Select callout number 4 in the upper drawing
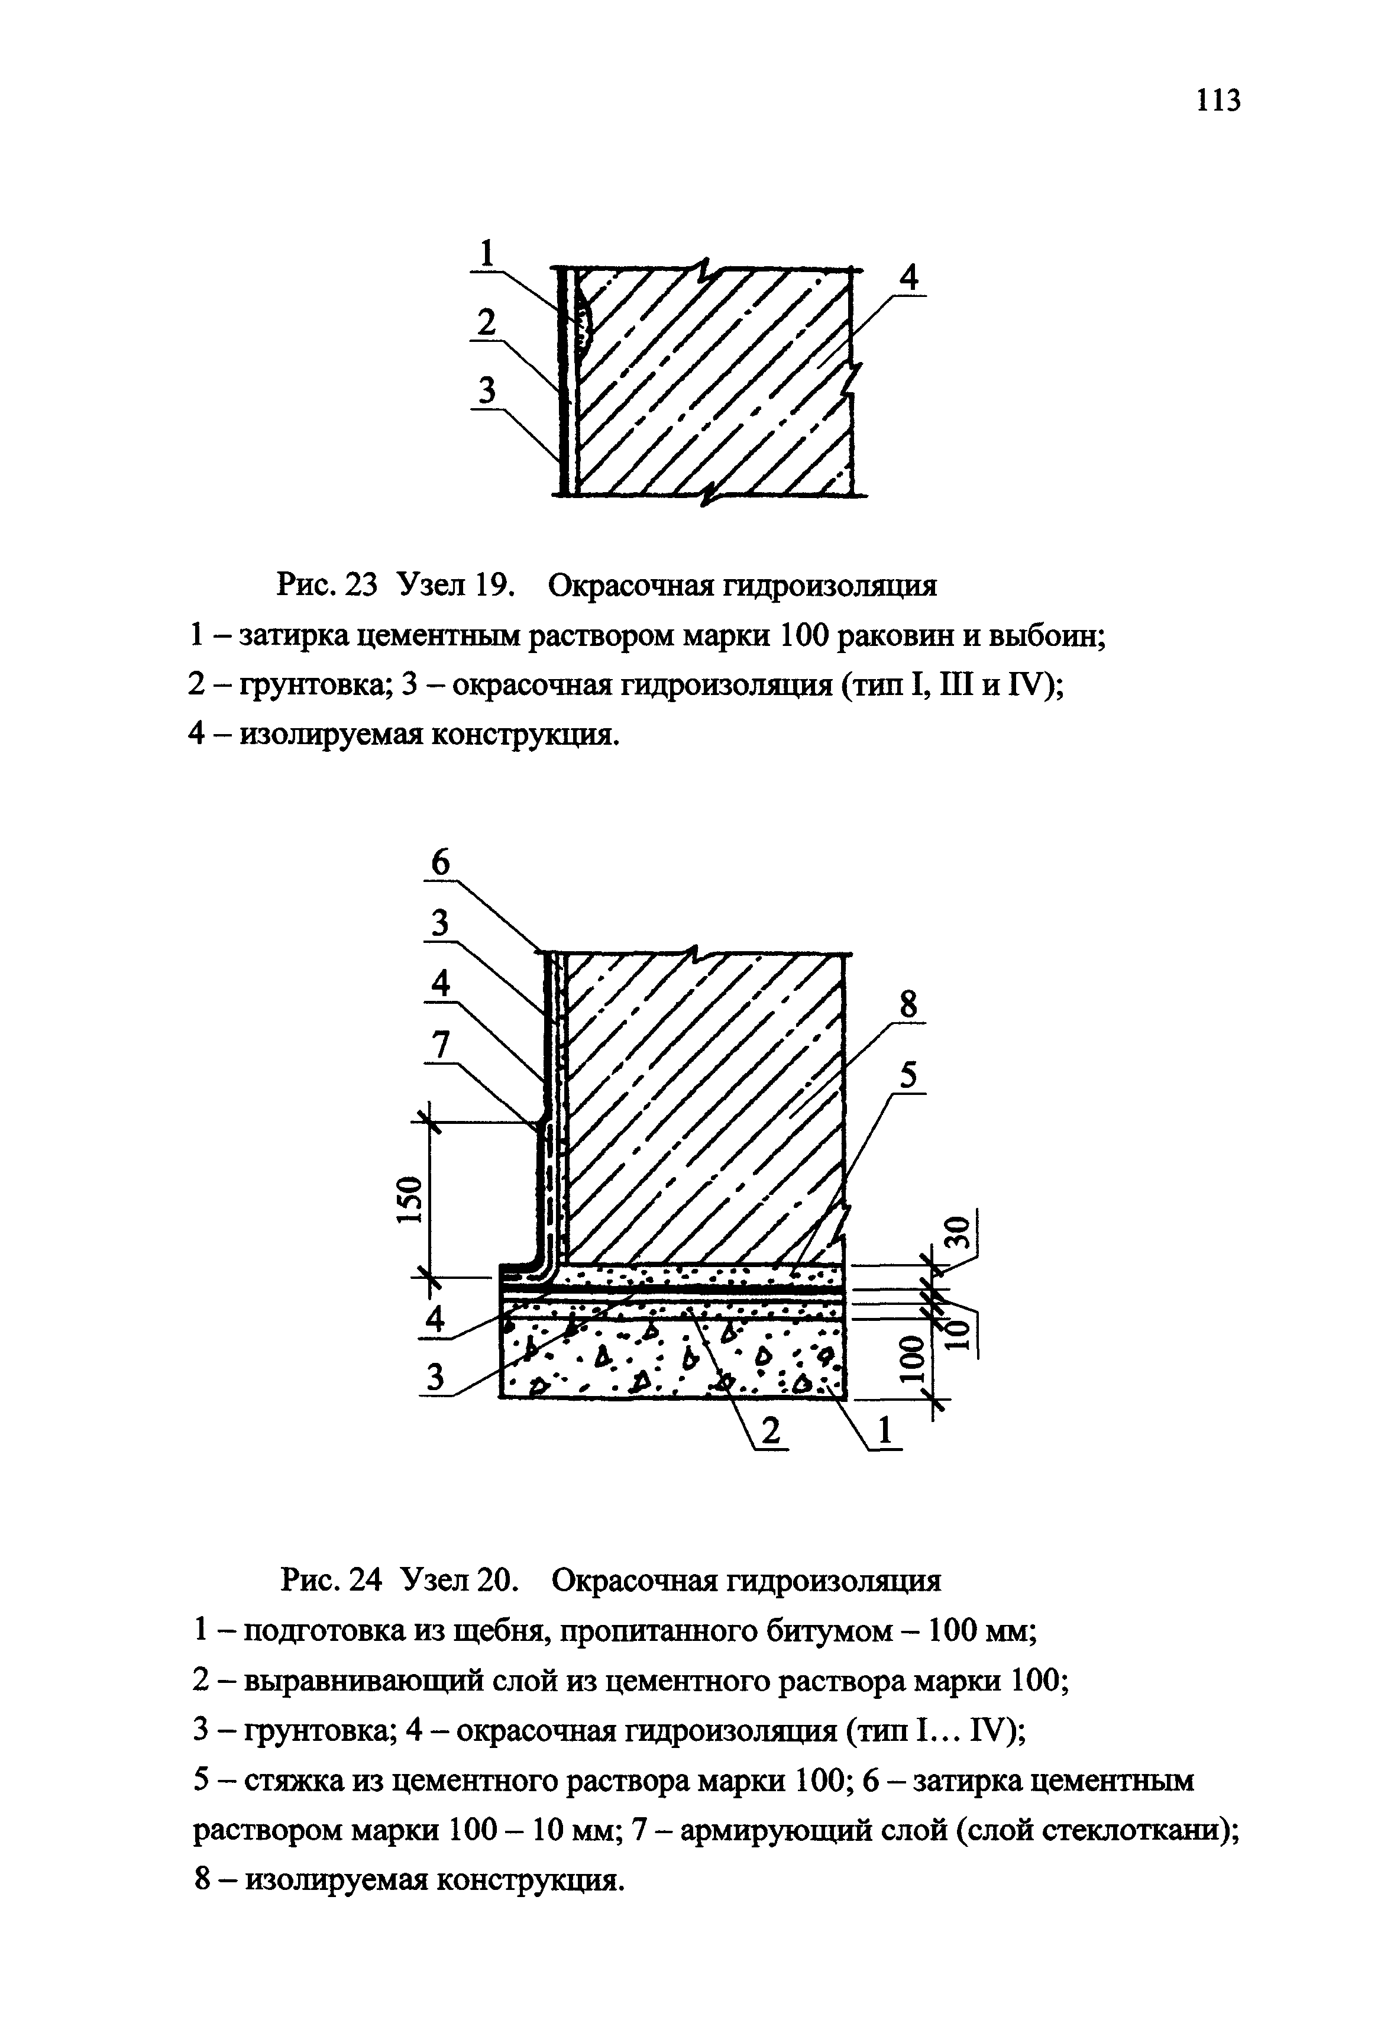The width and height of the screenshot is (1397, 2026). pos(910,279)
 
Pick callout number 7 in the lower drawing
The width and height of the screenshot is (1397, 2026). pos(441,1045)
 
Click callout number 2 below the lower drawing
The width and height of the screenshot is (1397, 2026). pos(770,1432)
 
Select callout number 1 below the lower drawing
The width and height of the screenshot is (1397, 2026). pos(885,1432)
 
